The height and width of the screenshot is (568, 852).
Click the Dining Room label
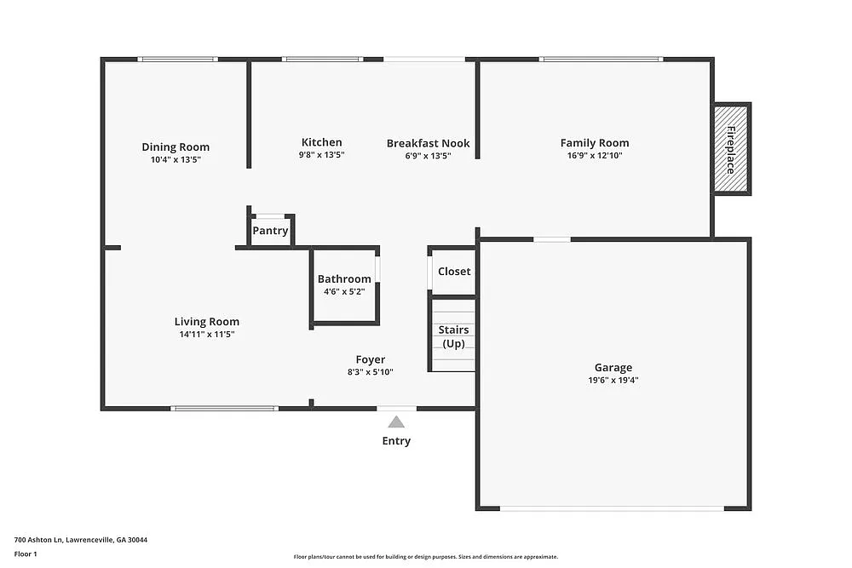(x=176, y=146)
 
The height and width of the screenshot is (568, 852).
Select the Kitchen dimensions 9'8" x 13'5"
(x=321, y=155)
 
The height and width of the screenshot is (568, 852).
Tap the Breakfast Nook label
(x=428, y=143)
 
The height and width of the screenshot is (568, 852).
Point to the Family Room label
(x=595, y=143)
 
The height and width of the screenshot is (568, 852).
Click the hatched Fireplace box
(x=731, y=150)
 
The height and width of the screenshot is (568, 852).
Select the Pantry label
(x=270, y=231)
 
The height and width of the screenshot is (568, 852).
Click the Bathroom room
(x=344, y=285)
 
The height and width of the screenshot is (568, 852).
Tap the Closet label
(x=454, y=272)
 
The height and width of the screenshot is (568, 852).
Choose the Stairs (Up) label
(x=453, y=336)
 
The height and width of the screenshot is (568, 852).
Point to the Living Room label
(x=207, y=321)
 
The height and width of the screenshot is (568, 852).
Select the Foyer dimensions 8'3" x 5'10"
(x=370, y=371)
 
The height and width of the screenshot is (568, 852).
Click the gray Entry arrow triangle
(x=396, y=422)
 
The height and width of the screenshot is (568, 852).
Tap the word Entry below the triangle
(x=396, y=441)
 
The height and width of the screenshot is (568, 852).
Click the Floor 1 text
(x=26, y=554)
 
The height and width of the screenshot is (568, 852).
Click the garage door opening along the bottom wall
(x=612, y=508)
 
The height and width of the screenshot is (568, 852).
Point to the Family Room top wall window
(x=602, y=59)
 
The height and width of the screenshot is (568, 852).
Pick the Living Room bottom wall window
(x=224, y=409)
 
